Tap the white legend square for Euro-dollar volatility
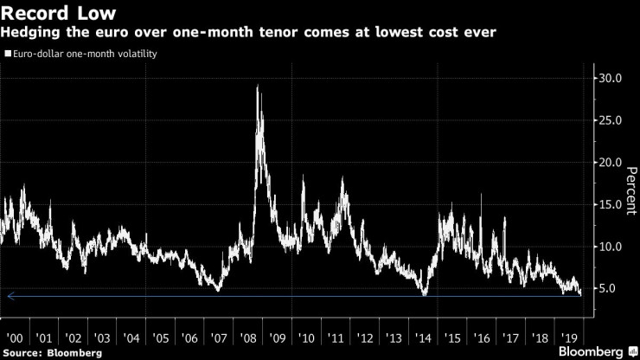(x=7, y=54)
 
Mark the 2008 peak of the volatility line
(x=258, y=86)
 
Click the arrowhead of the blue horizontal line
(x=9, y=296)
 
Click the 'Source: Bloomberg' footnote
(x=52, y=352)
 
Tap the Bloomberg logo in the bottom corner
(x=592, y=351)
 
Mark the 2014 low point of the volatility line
(x=425, y=295)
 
